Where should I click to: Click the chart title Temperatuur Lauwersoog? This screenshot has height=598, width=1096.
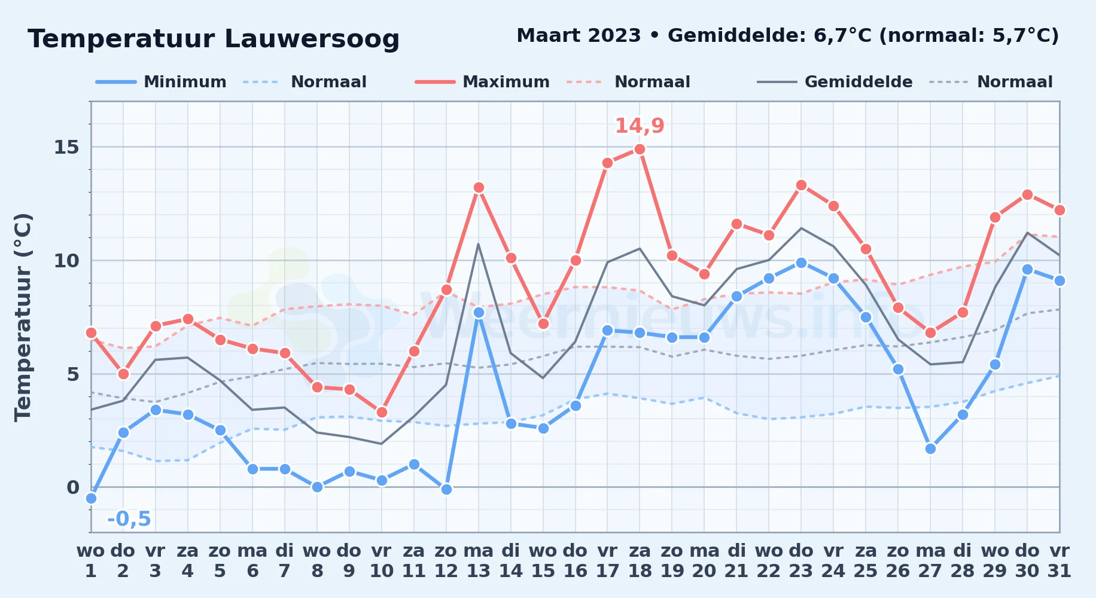pyautogui.click(x=214, y=39)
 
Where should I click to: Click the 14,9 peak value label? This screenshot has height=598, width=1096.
pyautogui.click(x=640, y=126)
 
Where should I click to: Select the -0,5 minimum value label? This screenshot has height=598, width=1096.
pyautogui.click(x=129, y=518)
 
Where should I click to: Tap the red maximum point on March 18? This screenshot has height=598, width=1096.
pyautogui.click(x=640, y=149)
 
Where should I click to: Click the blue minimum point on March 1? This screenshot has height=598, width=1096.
pyautogui.click(x=91, y=498)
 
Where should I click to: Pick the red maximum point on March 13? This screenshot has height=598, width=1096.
pyautogui.click(x=479, y=187)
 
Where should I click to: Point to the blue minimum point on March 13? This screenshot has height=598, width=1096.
pyautogui.click(x=479, y=312)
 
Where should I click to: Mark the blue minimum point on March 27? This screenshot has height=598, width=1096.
pyautogui.click(x=930, y=448)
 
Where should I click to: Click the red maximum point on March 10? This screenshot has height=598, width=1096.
pyautogui.click(x=382, y=412)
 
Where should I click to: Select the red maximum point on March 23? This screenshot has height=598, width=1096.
pyautogui.click(x=801, y=185)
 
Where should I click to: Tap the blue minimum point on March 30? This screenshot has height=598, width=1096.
pyautogui.click(x=1027, y=269)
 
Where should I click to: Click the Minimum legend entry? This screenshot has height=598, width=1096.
pyautogui.click(x=161, y=82)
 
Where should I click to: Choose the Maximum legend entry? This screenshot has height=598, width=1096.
pyautogui.click(x=482, y=82)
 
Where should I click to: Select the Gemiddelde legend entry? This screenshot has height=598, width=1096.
pyautogui.click(x=835, y=82)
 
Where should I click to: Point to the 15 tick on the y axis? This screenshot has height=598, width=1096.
pyautogui.click(x=66, y=147)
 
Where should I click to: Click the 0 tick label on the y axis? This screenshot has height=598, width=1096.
pyautogui.click(x=73, y=487)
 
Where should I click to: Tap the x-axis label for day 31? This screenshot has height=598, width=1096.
pyautogui.click(x=1060, y=561)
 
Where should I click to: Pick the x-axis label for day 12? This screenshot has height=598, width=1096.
pyautogui.click(x=446, y=561)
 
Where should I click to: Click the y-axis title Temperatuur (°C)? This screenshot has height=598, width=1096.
pyautogui.click(x=23, y=317)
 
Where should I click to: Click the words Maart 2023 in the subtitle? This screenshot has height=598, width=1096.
pyautogui.click(x=579, y=35)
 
